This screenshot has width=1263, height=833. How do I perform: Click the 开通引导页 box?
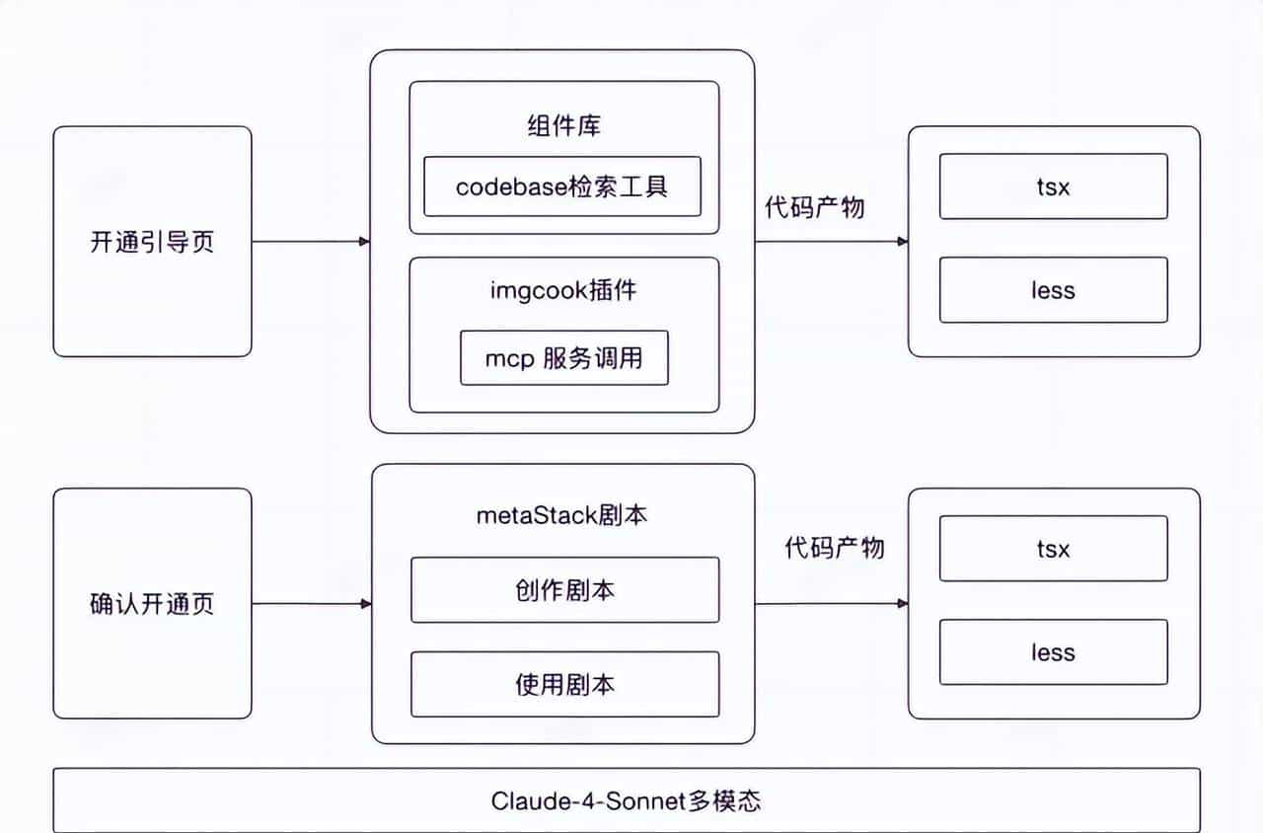(152, 242)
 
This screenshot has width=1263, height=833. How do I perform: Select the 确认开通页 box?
(152, 604)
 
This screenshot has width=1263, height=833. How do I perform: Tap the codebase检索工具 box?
(562, 186)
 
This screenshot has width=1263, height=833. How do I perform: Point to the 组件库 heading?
(563, 126)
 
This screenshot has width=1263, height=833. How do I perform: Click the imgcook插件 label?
(563, 291)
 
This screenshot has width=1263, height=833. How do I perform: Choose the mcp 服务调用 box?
(563, 357)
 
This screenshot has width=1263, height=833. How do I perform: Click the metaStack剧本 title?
(563, 515)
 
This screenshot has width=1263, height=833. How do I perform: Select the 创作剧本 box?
(564, 590)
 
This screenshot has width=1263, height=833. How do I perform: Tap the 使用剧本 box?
(564, 684)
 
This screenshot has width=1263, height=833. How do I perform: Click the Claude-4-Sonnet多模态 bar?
(627, 800)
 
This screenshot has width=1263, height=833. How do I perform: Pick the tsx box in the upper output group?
(1053, 187)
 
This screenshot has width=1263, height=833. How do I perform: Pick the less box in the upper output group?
(1053, 290)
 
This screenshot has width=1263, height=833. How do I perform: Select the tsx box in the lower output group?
(1053, 549)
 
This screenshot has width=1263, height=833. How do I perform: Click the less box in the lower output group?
(1053, 652)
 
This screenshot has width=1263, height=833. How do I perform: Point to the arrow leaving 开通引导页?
(310, 241)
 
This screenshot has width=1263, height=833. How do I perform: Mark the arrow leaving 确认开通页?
(310, 604)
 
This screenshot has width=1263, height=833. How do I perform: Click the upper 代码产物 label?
(815, 206)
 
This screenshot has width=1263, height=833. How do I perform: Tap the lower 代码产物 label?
(835, 547)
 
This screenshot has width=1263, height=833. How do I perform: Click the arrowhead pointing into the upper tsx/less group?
(902, 241)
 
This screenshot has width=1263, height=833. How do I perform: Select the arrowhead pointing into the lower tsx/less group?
(902, 604)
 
